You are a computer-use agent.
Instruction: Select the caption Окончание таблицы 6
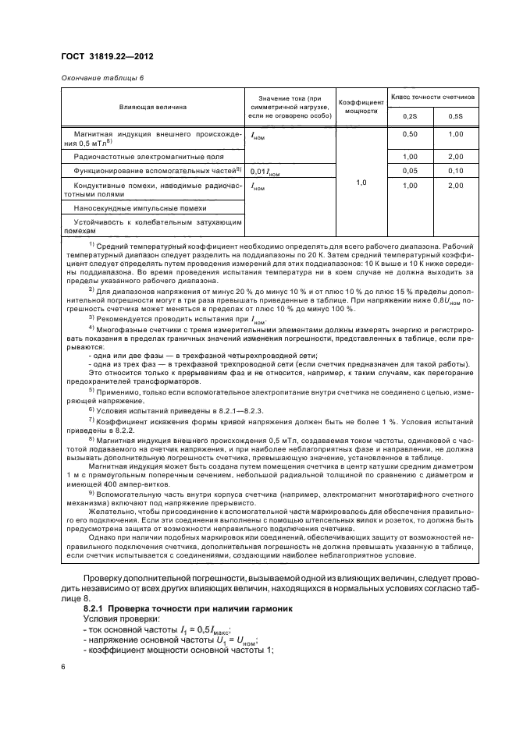(101, 78)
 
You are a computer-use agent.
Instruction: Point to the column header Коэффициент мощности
(361, 105)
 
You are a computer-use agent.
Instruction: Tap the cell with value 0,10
(456, 170)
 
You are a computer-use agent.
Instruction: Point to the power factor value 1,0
(361, 182)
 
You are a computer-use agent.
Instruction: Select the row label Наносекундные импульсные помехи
(140, 208)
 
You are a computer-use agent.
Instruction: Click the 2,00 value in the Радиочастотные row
(456, 157)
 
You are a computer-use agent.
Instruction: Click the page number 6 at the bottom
(64, 667)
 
